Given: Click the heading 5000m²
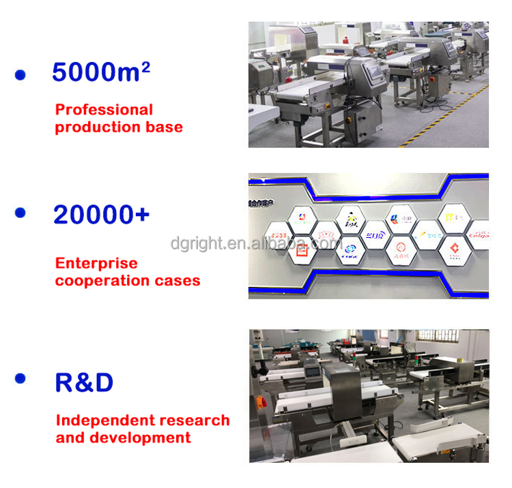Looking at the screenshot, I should (101, 72).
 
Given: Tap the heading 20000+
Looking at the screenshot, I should (101, 215).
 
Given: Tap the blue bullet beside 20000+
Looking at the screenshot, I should (20, 213).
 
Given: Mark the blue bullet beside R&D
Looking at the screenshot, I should (20, 378).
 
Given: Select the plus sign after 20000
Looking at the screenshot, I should (140, 215).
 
